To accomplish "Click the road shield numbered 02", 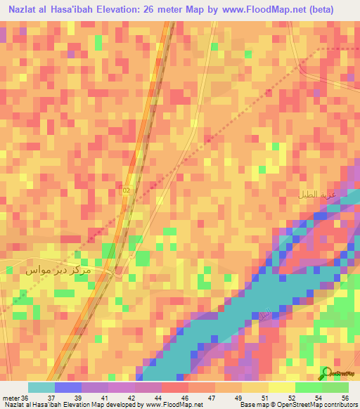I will (x=127, y=190).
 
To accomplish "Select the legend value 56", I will (x=345, y=398).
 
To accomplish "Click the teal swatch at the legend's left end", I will (x=41, y=387).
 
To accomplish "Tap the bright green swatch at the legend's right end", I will (x=335, y=387).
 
